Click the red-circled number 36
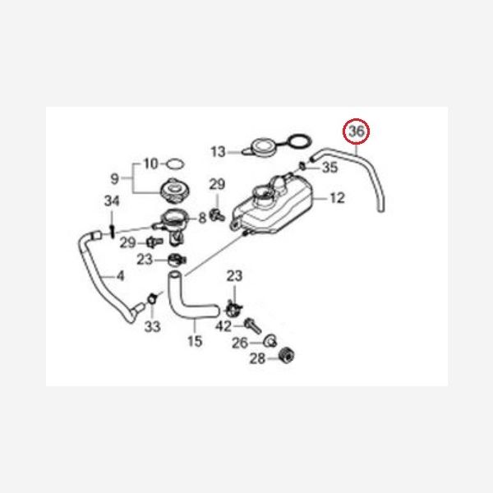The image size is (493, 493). click(x=357, y=131)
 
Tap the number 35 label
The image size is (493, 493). click(x=329, y=168)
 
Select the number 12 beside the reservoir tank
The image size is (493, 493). click(x=338, y=198)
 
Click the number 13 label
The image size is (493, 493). click(x=219, y=152)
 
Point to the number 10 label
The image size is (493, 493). click(x=150, y=164)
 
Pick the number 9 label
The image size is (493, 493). click(x=115, y=178)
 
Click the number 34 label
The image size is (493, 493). click(x=112, y=201)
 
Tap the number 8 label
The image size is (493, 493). click(x=202, y=218)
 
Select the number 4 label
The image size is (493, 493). click(x=121, y=276)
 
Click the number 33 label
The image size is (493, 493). click(x=153, y=327)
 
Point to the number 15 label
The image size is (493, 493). click(x=195, y=341)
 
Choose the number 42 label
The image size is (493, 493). click(x=223, y=326)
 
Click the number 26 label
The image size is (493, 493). click(x=240, y=343)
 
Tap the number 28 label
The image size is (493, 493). click(x=257, y=358)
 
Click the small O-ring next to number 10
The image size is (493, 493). click(x=175, y=164)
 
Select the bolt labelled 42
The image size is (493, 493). click(x=253, y=325)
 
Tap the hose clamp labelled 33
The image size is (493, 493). click(x=152, y=299)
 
